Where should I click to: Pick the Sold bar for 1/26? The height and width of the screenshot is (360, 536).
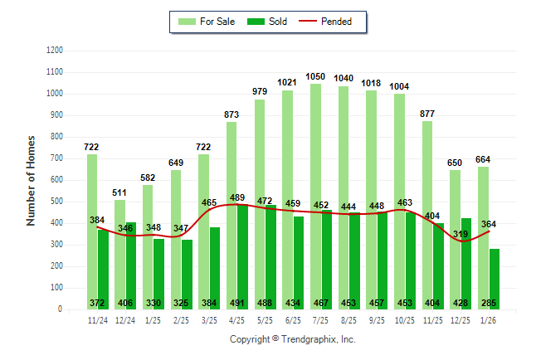pyautogui.click(x=495, y=274)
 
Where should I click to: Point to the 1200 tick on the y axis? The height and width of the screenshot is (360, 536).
pyautogui.click(x=55, y=51)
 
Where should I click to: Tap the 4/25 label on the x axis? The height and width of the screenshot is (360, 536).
pyautogui.click(x=236, y=319)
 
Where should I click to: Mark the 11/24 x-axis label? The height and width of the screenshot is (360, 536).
pyautogui.click(x=97, y=319)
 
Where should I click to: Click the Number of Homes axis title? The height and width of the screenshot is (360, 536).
pyautogui.click(x=31, y=180)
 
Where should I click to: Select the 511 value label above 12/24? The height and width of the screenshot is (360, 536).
pyautogui.click(x=119, y=192)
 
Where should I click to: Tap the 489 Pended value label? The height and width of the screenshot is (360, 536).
pyautogui.click(x=236, y=197)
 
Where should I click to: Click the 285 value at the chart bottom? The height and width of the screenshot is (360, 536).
pyautogui.click(x=489, y=303)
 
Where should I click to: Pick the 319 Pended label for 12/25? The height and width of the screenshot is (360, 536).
pyautogui.click(x=460, y=235)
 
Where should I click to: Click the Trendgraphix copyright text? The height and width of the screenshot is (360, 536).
pyautogui.click(x=292, y=340)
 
